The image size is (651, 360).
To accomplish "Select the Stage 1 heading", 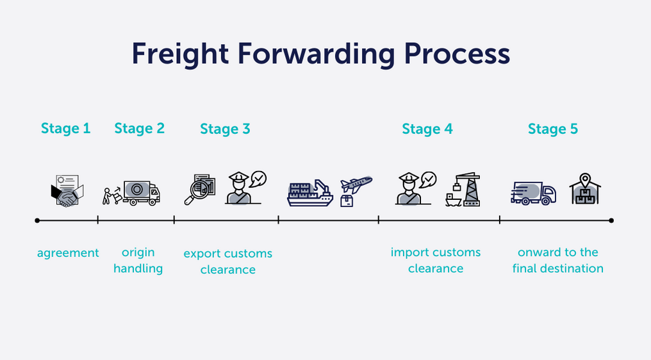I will point(66,129).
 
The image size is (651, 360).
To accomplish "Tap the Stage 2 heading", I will point(139,129).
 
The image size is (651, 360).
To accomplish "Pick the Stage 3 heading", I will point(225,129).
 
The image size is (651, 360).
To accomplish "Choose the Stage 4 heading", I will point(427,129).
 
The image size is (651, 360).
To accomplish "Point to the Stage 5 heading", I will point(553,129).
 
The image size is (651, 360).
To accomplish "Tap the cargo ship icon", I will point(310,192).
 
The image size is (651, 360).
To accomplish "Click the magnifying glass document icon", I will point(200,190).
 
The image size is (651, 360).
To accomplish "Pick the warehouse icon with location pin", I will point(584,189).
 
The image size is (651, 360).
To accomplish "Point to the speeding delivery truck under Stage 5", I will point(533,192).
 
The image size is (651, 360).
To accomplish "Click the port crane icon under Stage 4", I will point(464,190).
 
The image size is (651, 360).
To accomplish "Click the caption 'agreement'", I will point(68,253).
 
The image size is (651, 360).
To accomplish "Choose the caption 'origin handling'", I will point(138,261).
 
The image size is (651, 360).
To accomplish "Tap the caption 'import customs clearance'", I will point(436,261).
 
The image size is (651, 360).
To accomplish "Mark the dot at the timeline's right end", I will point(611,220).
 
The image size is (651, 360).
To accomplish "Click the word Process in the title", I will point(457,54).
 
